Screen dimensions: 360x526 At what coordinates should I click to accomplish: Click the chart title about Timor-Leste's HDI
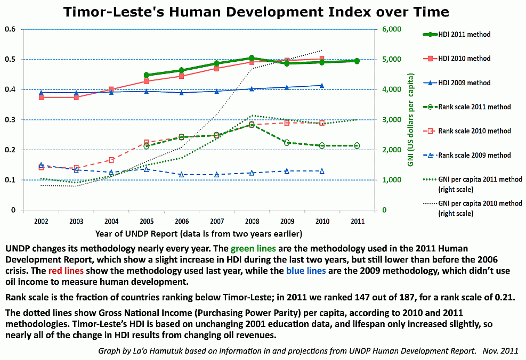pyautogui.click(x=256, y=12)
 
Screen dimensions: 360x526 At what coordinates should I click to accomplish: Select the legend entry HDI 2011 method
pyautogui.click(x=464, y=35)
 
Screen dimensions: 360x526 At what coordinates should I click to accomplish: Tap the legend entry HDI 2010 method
pyautogui.click(x=464, y=59)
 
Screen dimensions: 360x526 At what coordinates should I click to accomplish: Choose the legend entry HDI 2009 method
pyautogui.click(x=464, y=83)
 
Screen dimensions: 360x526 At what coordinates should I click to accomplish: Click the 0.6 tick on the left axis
pyautogui.click(x=10, y=29)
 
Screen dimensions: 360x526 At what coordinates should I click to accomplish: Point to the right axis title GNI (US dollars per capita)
pyautogui.click(x=411, y=120)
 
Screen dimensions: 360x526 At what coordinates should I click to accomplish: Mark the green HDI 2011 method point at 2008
pyautogui.click(x=252, y=58)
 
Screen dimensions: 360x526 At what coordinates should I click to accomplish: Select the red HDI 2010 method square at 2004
pyautogui.click(x=111, y=89)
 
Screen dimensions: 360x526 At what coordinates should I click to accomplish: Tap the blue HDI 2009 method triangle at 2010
pyautogui.click(x=322, y=85)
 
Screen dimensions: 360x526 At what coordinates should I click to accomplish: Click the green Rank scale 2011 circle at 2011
pyautogui.click(x=357, y=145)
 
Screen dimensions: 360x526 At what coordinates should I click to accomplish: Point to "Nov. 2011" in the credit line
pyautogui.click(x=501, y=351)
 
